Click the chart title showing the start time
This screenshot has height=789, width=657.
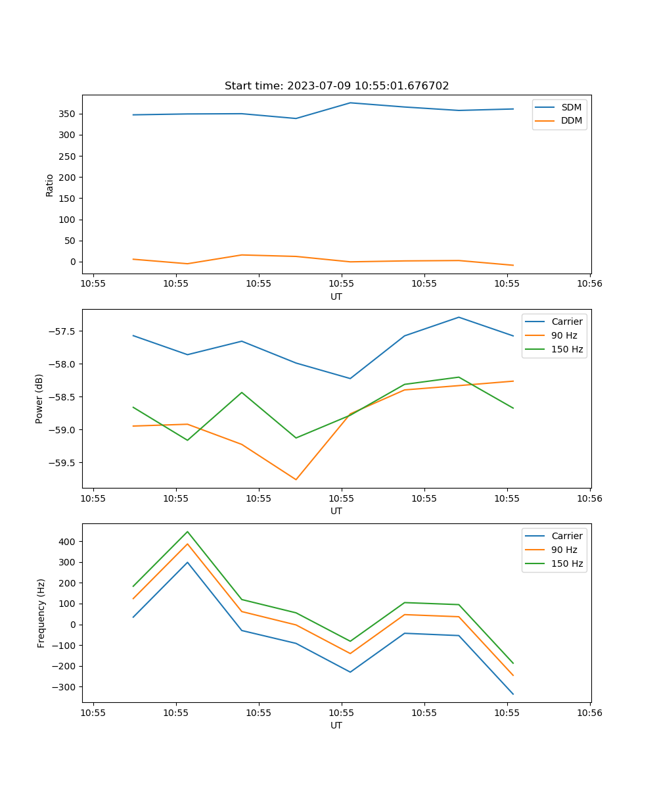(336, 86)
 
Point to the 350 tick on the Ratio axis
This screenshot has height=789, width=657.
(68, 114)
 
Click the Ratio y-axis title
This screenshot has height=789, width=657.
(50, 185)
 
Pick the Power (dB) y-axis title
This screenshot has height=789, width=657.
(39, 398)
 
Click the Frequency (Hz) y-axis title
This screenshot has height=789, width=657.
(41, 613)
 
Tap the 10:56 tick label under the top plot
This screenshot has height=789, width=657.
(589, 284)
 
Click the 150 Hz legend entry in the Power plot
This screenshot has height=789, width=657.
(567, 349)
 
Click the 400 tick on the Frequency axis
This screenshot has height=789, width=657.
(69, 542)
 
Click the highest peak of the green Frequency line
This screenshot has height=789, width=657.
(187, 532)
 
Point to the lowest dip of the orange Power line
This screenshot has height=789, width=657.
(296, 479)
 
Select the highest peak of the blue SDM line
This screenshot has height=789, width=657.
(350, 103)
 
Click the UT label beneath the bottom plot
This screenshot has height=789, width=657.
(336, 725)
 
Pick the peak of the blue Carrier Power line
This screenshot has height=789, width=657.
(459, 318)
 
